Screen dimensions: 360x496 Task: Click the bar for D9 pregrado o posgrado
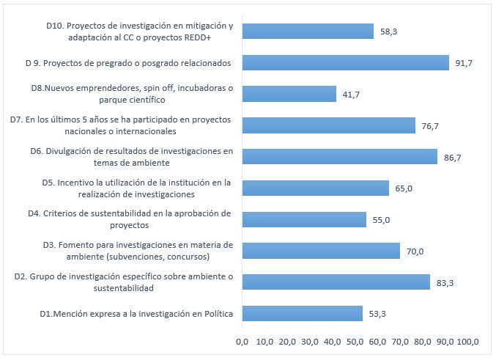tap(345, 63)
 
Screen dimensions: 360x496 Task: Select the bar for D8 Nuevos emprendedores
tap(289, 94)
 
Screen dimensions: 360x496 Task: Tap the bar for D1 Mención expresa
tap(302, 314)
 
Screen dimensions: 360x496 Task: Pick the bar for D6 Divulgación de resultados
tap(339, 157)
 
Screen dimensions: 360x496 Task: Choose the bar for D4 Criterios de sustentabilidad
tap(304, 219)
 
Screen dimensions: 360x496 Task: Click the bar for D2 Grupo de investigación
tap(336, 282)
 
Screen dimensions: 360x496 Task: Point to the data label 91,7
tap(464, 64)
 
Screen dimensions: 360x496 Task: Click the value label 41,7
tap(351, 95)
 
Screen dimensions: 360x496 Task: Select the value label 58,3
tap(389, 32)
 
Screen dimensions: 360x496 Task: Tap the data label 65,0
tap(404, 188)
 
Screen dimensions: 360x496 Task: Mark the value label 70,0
tap(415, 251)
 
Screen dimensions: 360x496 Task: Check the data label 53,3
tap(377, 315)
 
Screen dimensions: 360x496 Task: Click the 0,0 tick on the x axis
tap(242, 341)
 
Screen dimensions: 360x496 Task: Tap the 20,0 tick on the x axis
tap(287, 341)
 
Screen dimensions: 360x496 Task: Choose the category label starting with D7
tap(119, 125)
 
